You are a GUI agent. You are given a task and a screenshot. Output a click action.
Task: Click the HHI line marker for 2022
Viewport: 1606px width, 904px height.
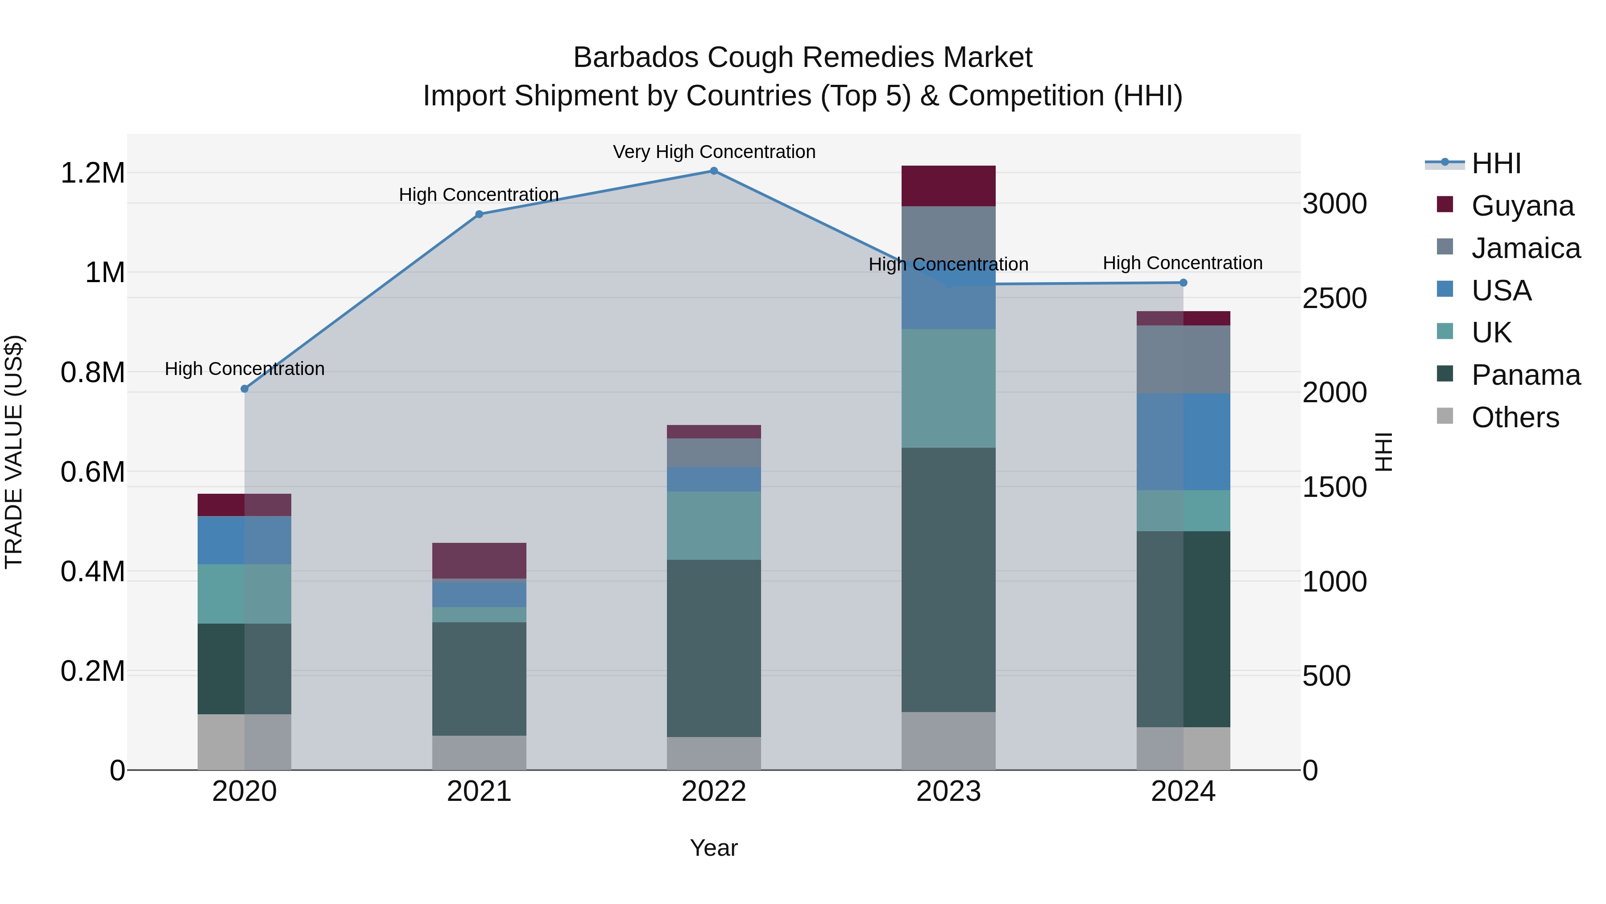pos(714,171)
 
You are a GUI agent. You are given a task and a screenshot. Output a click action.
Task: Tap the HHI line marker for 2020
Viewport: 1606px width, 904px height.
pos(244,389)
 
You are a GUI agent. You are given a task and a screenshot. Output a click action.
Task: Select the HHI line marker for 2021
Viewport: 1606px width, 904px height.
pos(479,214)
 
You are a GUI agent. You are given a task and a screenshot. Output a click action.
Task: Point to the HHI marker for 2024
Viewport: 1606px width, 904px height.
pos(1183,283)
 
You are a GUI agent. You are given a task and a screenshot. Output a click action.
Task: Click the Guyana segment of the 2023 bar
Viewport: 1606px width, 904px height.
pos(948,186)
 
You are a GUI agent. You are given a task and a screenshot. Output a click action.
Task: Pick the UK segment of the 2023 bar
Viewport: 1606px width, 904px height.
pos(948,388)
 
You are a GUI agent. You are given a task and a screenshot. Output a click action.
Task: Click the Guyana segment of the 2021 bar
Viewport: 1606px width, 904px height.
pos(479,560)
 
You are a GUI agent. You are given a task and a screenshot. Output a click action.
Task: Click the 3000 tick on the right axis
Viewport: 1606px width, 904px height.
pos(1334,204)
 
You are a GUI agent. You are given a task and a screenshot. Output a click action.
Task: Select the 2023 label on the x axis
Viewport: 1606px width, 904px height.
pos(948,791)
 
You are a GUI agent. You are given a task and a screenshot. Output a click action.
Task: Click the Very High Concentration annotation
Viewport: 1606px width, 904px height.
pos(714,152)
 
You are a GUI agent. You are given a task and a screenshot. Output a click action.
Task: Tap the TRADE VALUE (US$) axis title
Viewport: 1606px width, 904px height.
pos(14,452)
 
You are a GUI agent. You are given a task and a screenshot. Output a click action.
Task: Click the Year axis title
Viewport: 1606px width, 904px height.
pos(714,848)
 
